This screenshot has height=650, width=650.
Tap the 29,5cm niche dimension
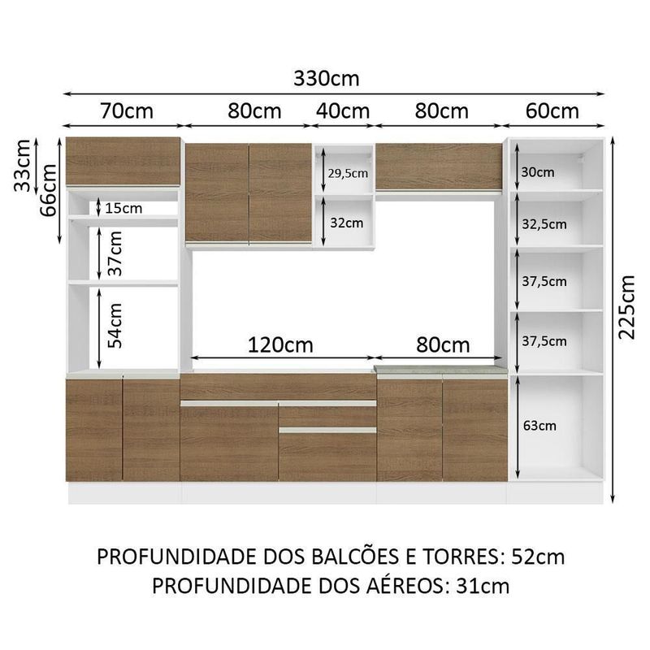(348, 173)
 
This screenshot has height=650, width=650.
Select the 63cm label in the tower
(540, 425)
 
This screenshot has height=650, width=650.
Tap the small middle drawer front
(327, 416)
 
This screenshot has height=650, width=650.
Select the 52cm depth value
(539, 557)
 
